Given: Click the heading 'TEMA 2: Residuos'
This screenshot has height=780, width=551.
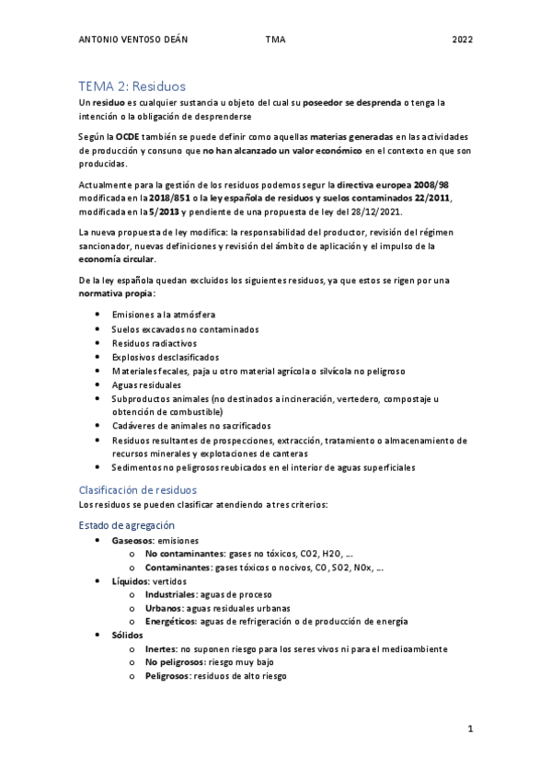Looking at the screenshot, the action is pos(132,85).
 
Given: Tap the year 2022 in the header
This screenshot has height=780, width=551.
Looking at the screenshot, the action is pos(462,40).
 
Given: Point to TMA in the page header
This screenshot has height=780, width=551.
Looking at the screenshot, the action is pos(275,40).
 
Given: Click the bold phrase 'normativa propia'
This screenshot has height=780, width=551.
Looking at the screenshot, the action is pos(116,293).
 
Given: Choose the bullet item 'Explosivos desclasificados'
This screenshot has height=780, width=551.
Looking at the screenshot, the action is pos(166,356).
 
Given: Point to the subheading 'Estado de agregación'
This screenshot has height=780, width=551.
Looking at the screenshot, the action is pos(126,524).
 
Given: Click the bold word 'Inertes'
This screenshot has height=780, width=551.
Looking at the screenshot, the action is pos(160,648).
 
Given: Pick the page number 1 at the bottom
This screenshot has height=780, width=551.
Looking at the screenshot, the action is pos(469,729).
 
